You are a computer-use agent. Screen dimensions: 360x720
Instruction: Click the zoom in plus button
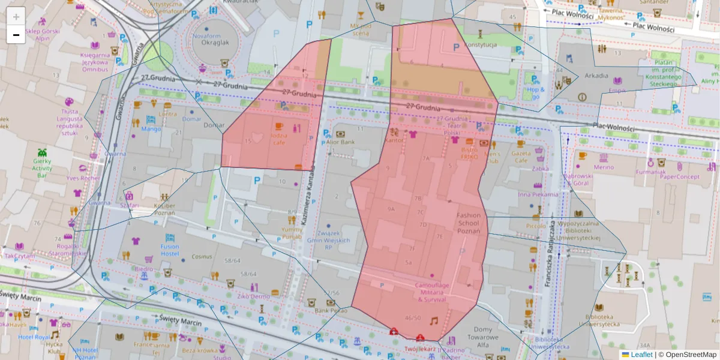click(x=16, y=17)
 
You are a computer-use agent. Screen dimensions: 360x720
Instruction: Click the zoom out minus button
click(x=16, y=35)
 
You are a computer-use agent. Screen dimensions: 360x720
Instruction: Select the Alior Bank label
click(x=340, y=142)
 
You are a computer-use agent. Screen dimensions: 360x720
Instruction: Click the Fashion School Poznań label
click(x=469, y=223)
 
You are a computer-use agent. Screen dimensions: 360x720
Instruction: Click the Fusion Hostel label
click(x=170, y=250)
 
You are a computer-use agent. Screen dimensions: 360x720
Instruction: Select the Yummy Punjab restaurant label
click(x=292, y=233)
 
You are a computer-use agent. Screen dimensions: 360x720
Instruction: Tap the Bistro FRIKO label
click(x=469, y=152)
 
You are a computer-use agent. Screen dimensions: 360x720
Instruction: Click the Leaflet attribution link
click(x=641, y=355)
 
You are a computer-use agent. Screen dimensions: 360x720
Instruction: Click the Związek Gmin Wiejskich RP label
click(x=328, y=240)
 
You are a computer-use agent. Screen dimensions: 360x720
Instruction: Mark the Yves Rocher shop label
click(x=83, y=178)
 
